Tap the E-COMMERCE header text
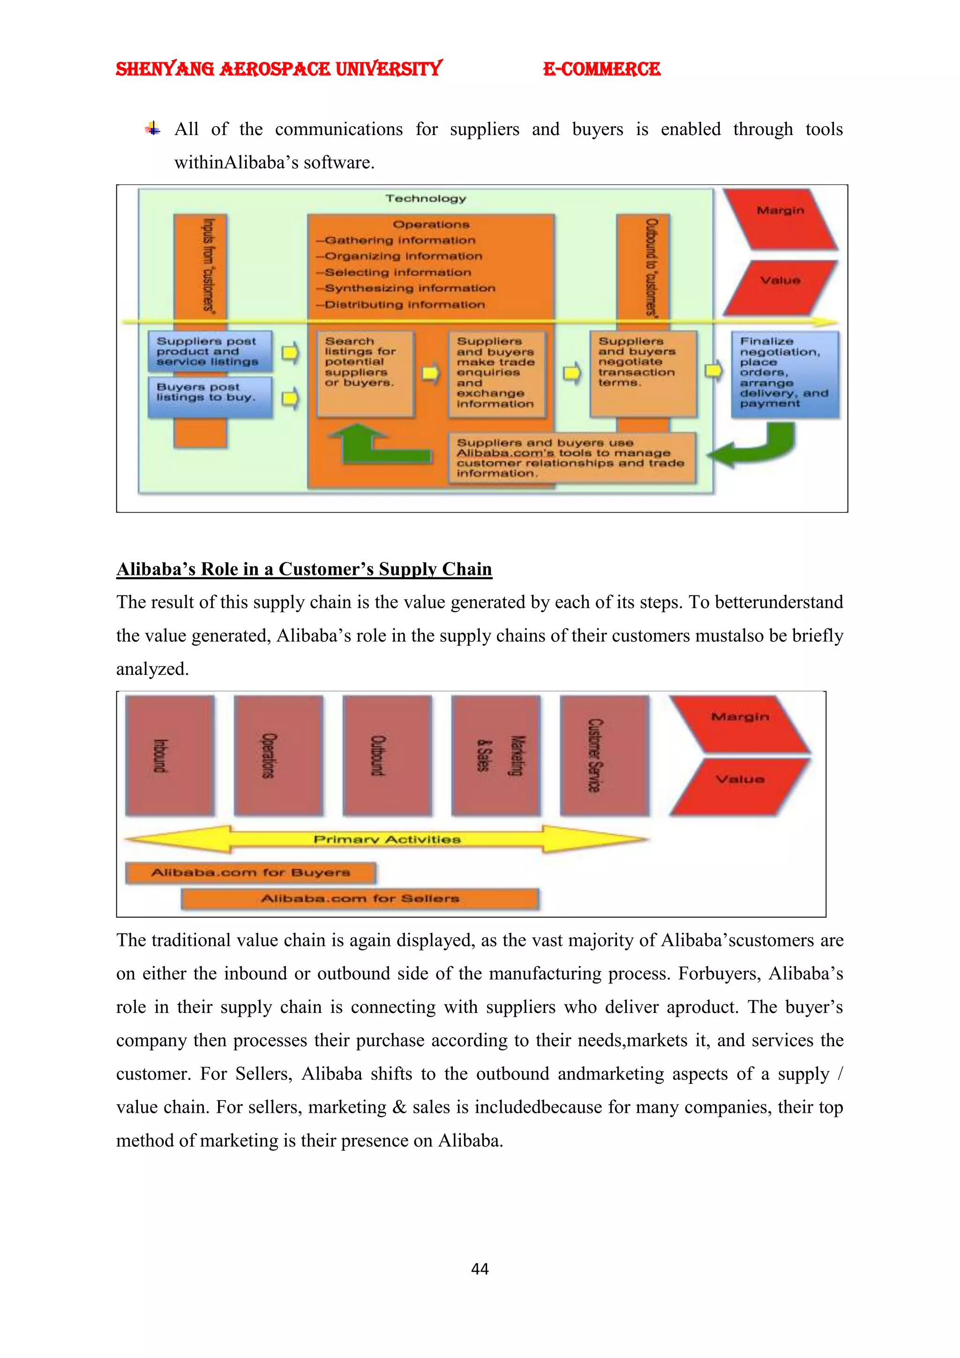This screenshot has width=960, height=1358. coord(601,69)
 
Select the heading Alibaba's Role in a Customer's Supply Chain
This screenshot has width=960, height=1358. coord(304,568)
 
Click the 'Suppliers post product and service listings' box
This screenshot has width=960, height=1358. coord(210,351)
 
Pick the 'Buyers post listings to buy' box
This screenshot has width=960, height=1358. coord(210,396)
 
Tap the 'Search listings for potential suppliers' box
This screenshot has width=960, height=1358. coord(365,373)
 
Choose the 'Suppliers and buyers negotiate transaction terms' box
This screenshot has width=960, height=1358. coord(643,373)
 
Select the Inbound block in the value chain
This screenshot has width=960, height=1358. coord(170,755)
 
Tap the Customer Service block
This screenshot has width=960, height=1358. coord(604,755)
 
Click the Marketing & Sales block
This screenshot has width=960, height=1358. coord(495,755)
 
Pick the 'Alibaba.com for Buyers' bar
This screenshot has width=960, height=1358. coord(251,872)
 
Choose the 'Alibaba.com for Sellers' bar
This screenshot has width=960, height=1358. coord(360,898)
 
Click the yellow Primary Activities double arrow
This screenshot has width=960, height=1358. coord(387,839)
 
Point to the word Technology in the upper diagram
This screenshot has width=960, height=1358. coord(426,199)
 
